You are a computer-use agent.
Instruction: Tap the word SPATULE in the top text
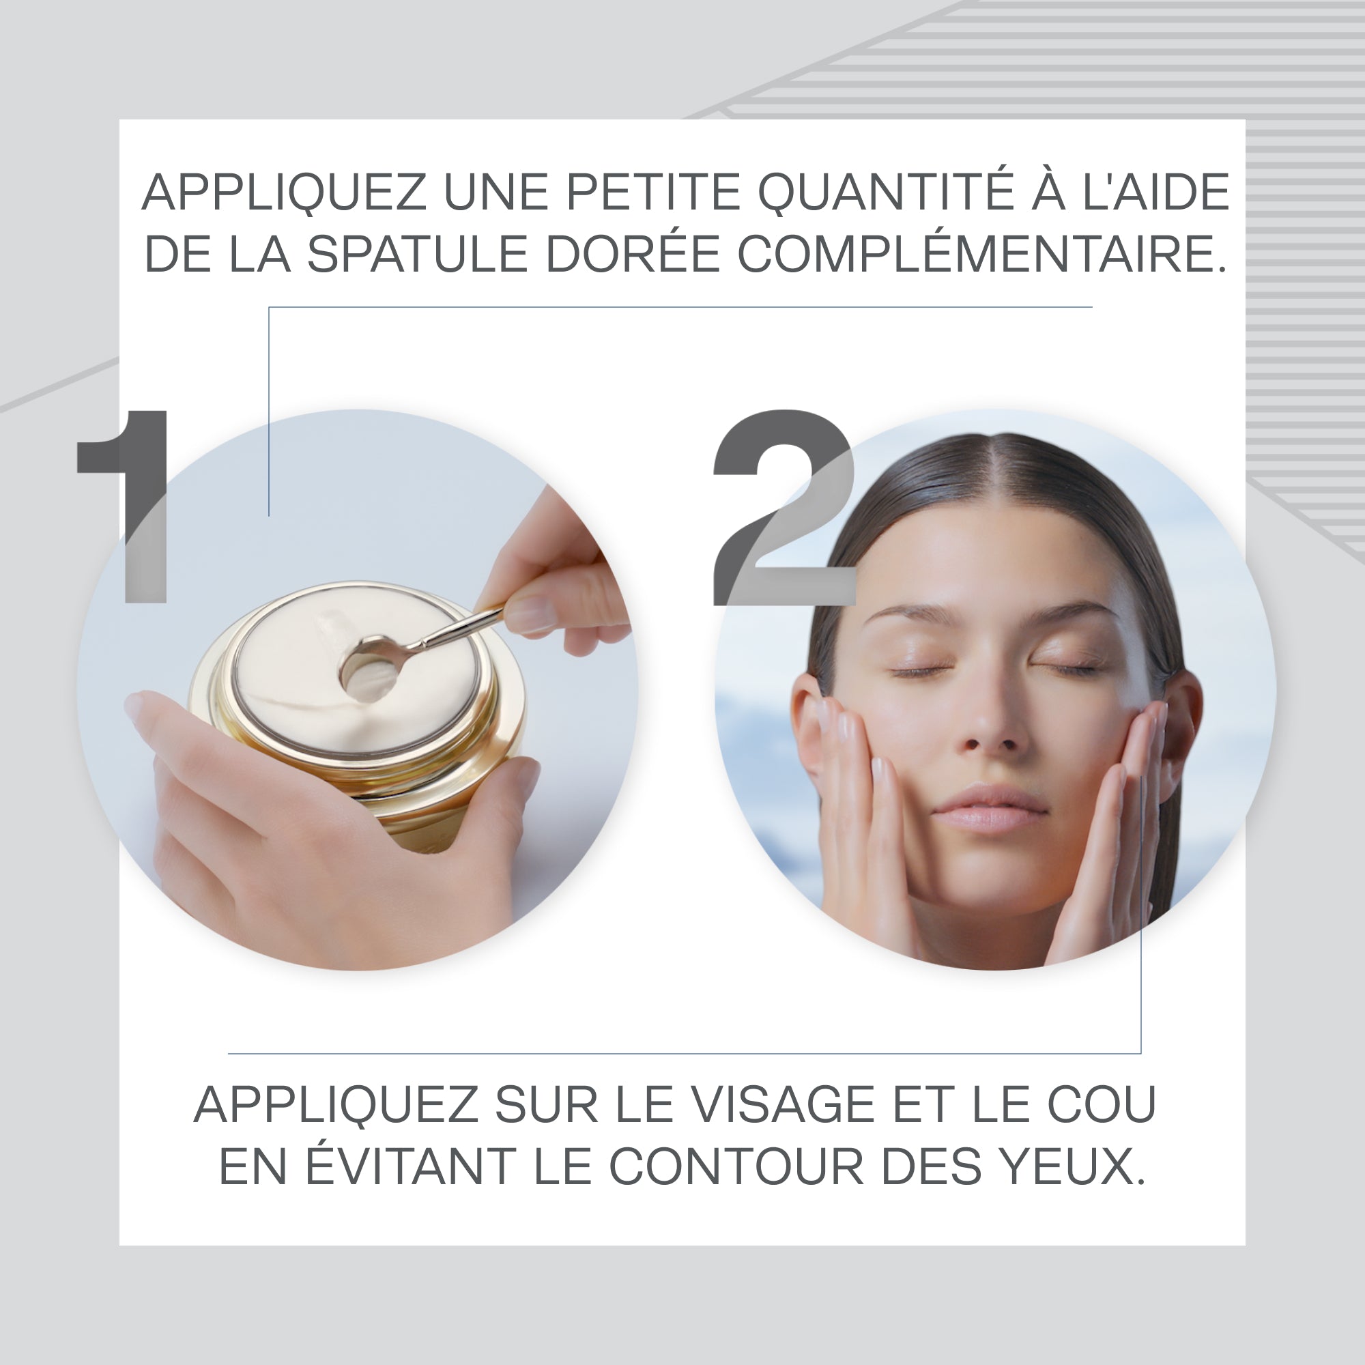pos(417,254)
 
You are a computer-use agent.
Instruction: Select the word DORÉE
pos(633,254)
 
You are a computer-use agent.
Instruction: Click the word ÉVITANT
pos(409,1166)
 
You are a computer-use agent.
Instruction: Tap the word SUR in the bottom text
pos(547,1104)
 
